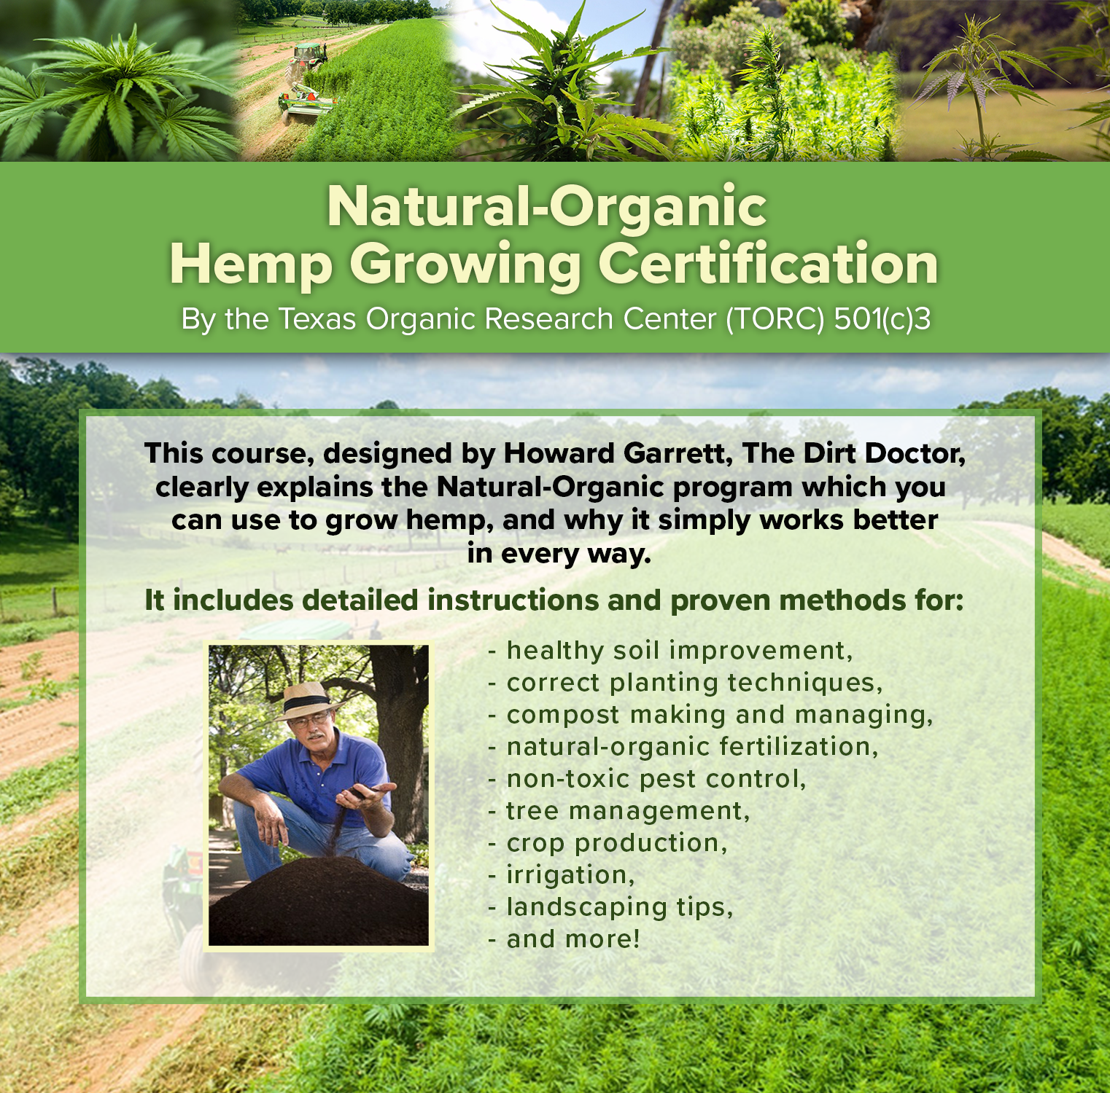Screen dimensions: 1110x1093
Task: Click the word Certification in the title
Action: (768, 264)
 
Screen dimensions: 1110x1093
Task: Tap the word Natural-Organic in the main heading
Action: (547, 206)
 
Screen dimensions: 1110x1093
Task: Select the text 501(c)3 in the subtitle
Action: (882, 320)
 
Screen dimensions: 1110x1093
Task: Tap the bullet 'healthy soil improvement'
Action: (670, 651)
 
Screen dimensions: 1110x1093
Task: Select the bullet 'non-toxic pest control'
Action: (647, 779)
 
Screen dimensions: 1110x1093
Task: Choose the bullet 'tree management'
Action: (618, 811)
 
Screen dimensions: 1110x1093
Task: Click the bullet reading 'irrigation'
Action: (562, 875)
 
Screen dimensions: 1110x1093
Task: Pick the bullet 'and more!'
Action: (564, 939)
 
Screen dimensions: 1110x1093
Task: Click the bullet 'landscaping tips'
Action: (610, 908)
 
